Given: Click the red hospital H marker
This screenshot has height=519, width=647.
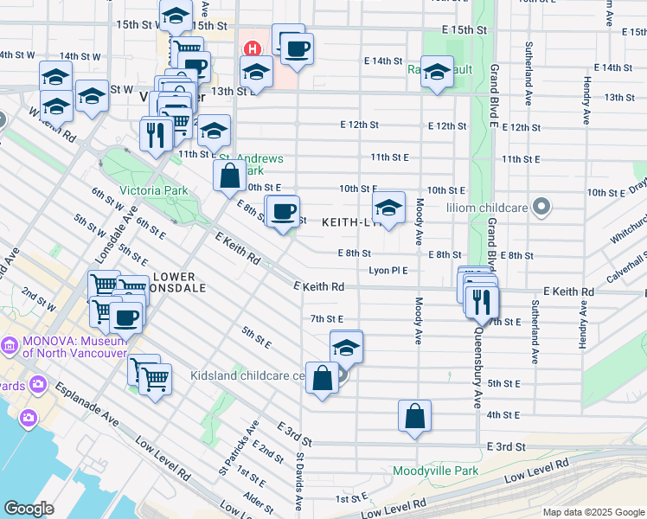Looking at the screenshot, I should [253, 48].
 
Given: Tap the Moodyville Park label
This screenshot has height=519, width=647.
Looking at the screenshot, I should [435, 471].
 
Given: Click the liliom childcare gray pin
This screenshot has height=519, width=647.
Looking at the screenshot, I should [541, 207].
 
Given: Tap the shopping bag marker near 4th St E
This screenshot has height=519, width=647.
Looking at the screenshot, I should [415, 416].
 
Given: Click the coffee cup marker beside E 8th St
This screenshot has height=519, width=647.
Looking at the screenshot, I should [283, 212].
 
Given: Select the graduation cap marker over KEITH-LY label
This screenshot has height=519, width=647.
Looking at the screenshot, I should [389, 208].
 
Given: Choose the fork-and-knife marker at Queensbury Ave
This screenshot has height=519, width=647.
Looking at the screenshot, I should [482, 302].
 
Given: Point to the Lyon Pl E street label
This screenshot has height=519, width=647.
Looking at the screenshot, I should [388, 271].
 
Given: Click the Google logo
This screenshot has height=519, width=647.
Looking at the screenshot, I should [29, 508].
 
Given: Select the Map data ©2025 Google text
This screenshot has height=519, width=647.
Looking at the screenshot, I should [593, 512].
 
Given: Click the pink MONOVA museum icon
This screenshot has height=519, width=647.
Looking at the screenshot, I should [10, 346].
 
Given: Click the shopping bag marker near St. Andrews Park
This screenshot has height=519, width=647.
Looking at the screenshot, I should [230, 176].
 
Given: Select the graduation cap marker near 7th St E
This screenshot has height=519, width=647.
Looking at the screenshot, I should [346, 347].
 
